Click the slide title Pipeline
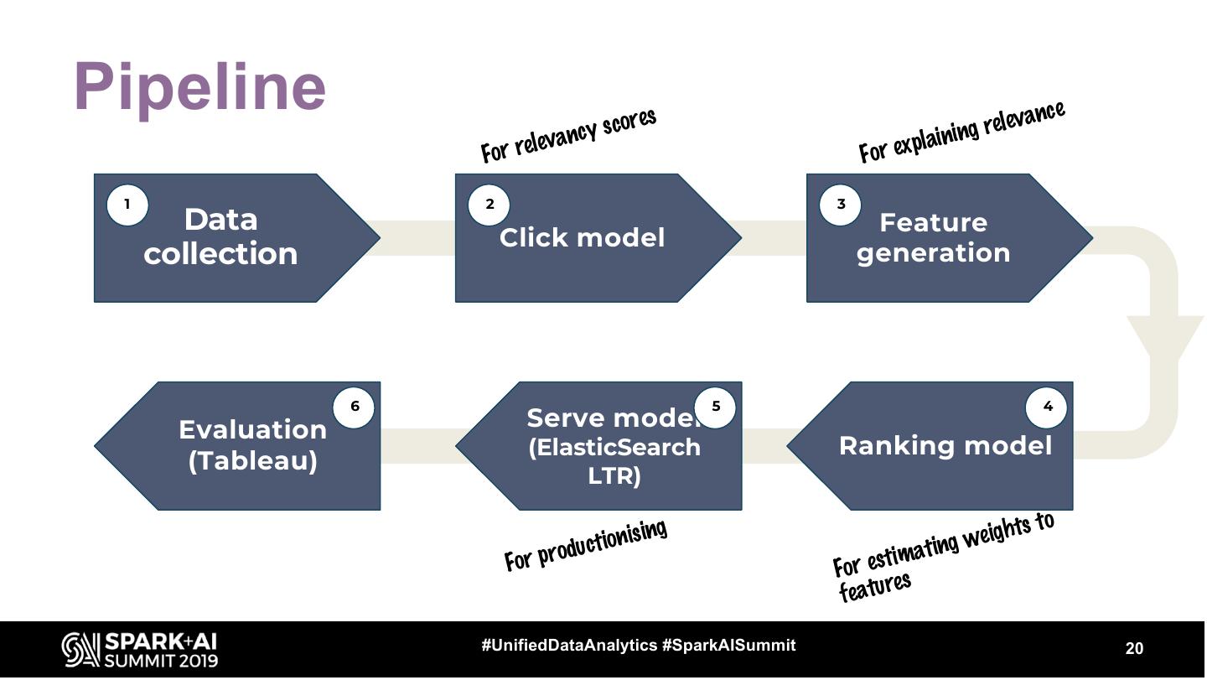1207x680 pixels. click(x=199, y=86)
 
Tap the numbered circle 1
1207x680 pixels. click(x=127, y=205)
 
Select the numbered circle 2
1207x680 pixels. click(x=490, y=205)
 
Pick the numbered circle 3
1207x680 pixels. click(x=841, y=205)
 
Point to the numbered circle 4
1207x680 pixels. click(x=1047, y=407)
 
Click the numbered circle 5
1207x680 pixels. click(x=715, y=407)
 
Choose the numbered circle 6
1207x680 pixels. click(x=354, y=407)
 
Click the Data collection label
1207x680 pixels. click(x=220, y=236)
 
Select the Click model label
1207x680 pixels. click(x=582, y=238)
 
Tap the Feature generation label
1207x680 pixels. click(x=933, y=237)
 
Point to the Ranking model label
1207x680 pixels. click(x=945, y=445)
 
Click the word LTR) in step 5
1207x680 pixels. click(x=614, y=476)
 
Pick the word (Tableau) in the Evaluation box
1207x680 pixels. click(x=252, y=461)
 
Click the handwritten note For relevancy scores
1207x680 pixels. click(x=568, y=135)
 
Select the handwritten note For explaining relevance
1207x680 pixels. click(x=961, y=132)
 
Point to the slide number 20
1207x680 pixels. click(x=1133, y=648)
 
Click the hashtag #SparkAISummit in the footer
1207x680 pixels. click(x=728, y=645)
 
